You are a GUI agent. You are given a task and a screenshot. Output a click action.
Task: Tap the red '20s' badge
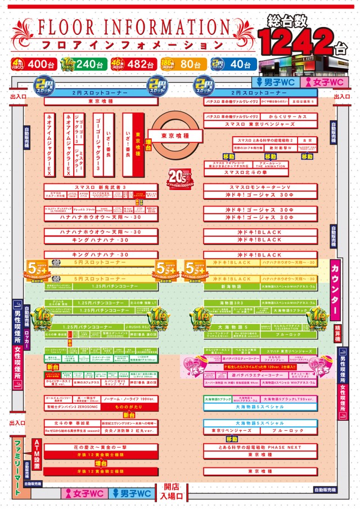coord(177,174)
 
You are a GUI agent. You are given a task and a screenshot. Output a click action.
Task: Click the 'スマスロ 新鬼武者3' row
coord(101,187)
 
